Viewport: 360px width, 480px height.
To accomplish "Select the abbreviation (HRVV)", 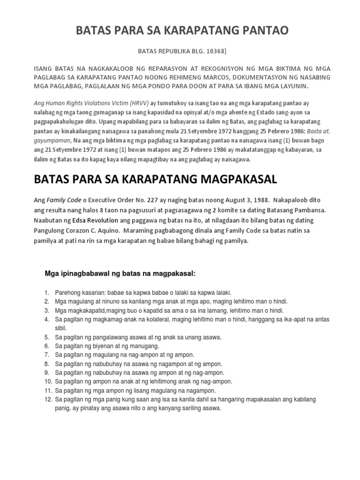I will (124, 103).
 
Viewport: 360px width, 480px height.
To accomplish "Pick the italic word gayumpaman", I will (53, 141).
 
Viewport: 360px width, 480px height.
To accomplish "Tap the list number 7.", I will (47, 355).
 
